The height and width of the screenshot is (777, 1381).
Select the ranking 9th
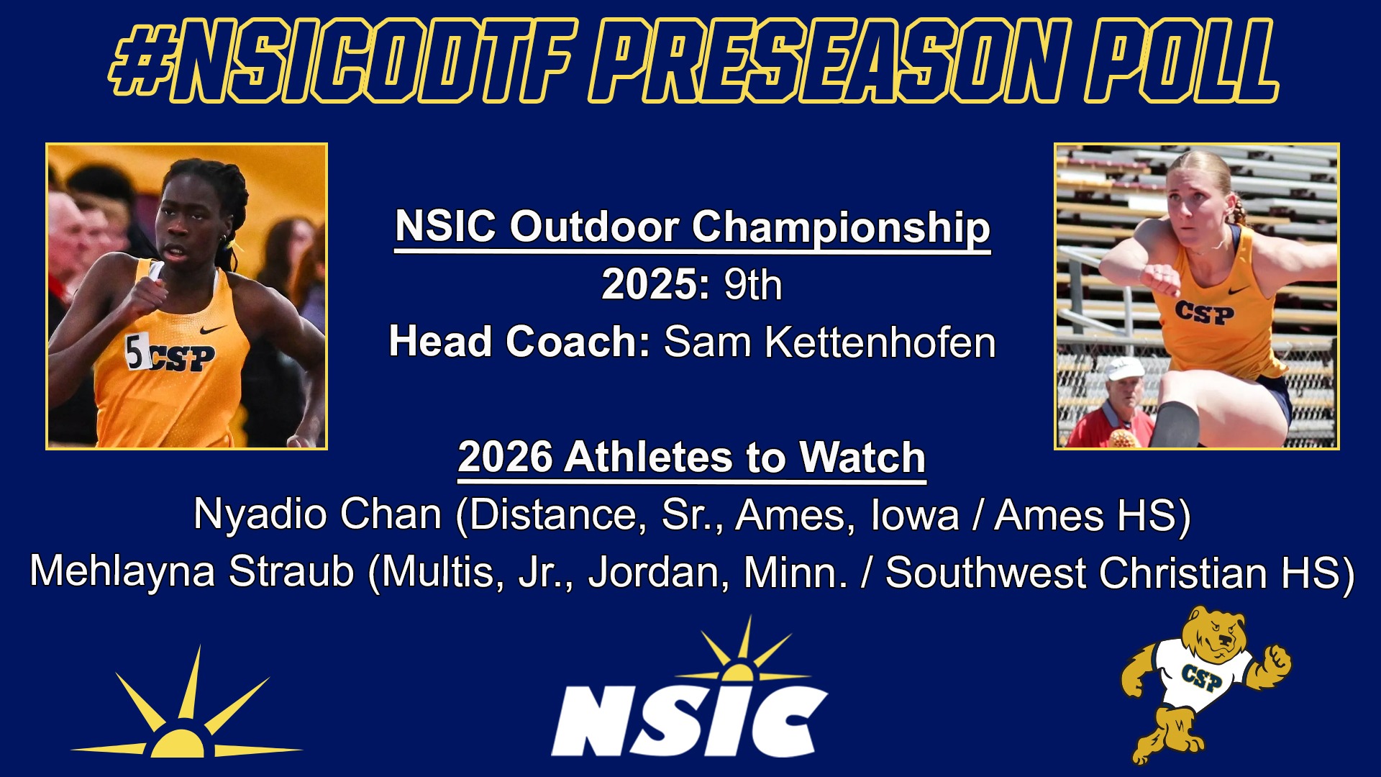752,285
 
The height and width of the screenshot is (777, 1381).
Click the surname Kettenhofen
880,342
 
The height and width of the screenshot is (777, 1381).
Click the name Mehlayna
122,573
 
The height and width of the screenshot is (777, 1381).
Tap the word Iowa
915,515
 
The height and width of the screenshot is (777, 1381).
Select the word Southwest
985,573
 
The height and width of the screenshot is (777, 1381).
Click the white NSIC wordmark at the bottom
689,719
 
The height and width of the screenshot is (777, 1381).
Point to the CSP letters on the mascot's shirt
1201,676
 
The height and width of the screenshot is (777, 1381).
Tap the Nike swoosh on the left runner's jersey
213,330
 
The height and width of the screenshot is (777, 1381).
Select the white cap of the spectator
1124,368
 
